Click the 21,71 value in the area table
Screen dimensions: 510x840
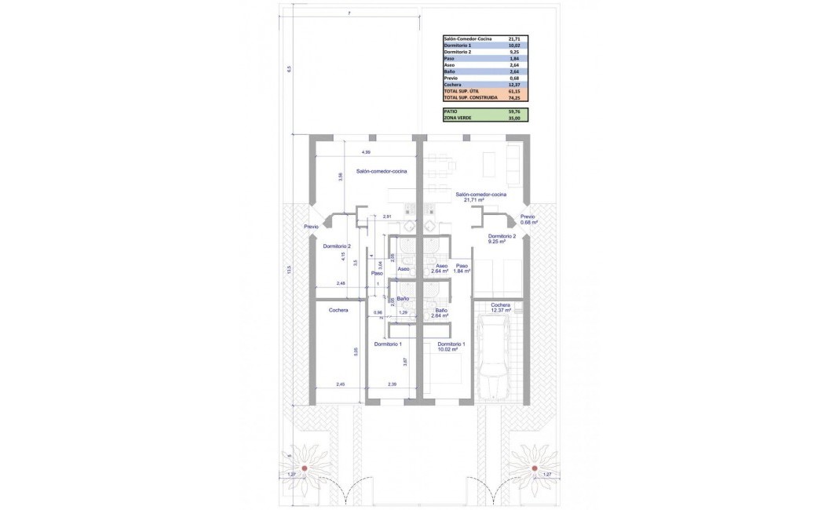pyautogui.click(x=514, y=38)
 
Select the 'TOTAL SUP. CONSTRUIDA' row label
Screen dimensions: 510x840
pyautogui.click(x=472, y=99)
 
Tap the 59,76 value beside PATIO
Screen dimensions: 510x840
pyautogui.click(x=514, y=111)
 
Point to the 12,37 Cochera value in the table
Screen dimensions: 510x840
pyautogui.click(x=514, y=84)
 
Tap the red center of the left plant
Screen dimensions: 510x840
pyautogui.click(x=304, y=468)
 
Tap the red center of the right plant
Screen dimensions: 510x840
pyautogui.click(x=535, y=468)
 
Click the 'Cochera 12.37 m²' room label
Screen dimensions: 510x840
pyautogui.click(x=501, y=308)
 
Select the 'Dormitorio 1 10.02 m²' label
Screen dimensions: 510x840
pyautogui.click(x=451, y=346)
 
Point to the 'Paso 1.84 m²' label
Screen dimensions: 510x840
pyautogui.click(x=462, y=268)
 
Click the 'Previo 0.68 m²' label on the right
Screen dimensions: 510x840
pyautogui.click(x=528, y=220)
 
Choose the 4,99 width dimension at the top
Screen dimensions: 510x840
pyautogui.click(x=366, y=151)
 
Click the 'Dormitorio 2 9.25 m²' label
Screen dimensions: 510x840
pyautogui.click(x=502, y=239)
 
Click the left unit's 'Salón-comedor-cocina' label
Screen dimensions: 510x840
pyautogui.click(x=359, y=171)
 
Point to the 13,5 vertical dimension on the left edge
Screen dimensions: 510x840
pyautogui.click(x=289, y=269)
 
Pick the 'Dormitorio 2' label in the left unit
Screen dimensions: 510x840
pyautogui.click(x=336, y=246)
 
